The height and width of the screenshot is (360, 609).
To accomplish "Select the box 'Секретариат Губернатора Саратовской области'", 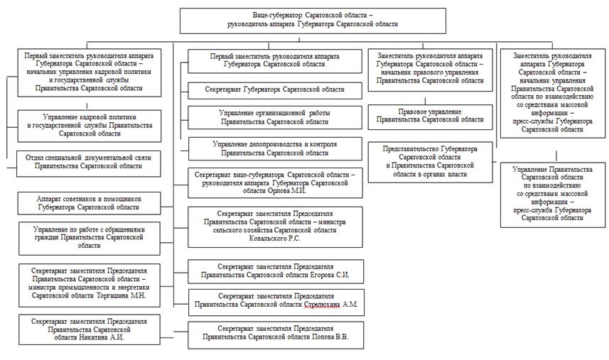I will click(x=274, y=89).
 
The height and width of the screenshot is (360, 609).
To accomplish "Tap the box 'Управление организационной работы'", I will click(x=274, y=117).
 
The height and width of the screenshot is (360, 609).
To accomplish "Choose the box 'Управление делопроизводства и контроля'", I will click(x=274, y=148).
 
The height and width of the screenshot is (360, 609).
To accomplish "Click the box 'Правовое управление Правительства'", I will click(x=430, y=116).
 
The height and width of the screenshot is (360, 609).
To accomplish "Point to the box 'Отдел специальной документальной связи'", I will click(x=89, y=161).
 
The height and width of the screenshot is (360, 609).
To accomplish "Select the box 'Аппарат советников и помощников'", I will click(x=89, y=204).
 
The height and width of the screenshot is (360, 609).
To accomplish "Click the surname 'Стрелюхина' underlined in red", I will click(x=325, y=306).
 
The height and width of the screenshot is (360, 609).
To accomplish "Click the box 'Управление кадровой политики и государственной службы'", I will click(x=89, y=125).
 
